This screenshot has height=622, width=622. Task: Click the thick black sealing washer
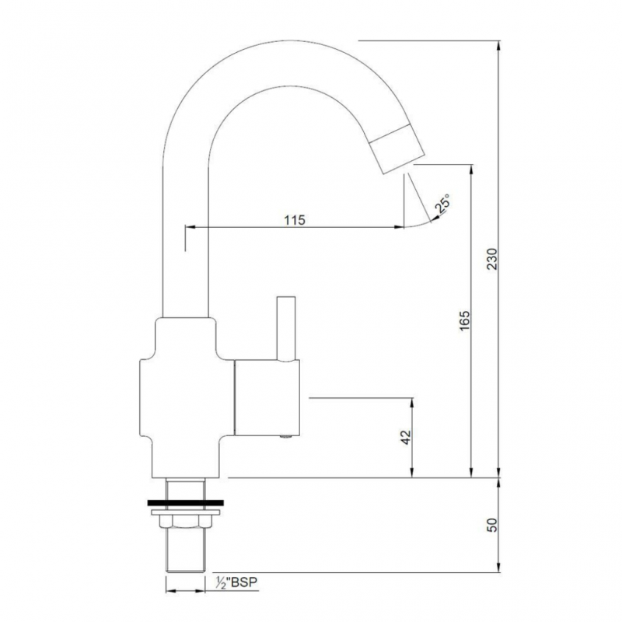186,502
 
